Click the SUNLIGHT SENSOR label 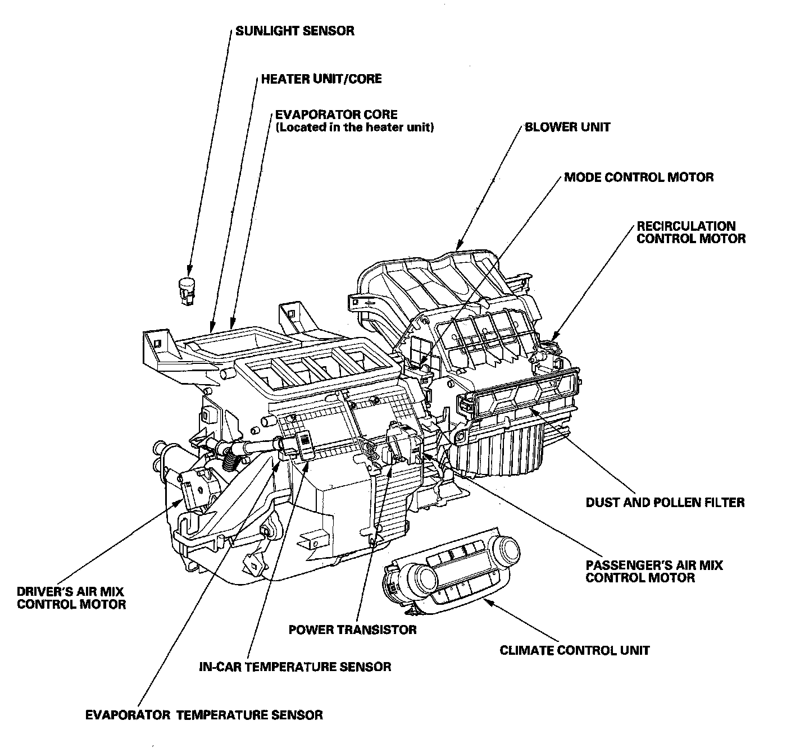[x=294, y=30]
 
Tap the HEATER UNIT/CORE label [x=321, y=79]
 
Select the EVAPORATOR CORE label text [x=336, y=115]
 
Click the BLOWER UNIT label [x=567, y=127]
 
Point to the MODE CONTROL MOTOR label [x=639, y=177]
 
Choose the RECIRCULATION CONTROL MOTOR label [x=690, y=232]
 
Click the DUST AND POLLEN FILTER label [x=665, y=502]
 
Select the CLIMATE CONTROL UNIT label [x=574, y=650]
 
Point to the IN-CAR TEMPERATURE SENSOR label [x=295, y=667]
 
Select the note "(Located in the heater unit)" [x=354, y=127]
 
